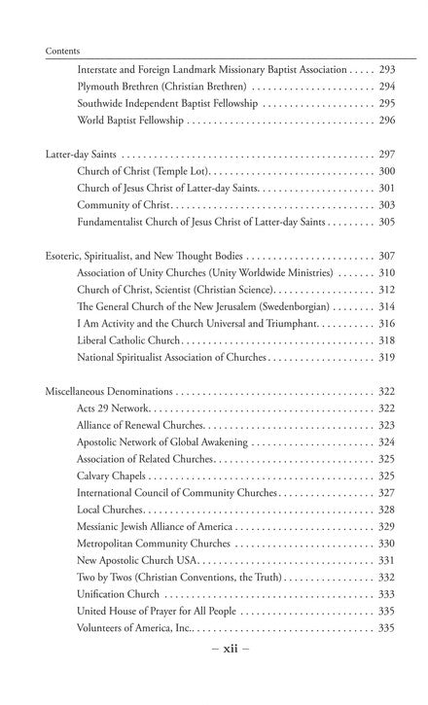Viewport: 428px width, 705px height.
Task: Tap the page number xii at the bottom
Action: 212,674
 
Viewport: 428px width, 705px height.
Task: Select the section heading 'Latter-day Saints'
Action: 82,155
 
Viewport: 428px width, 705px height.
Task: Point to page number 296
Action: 386,121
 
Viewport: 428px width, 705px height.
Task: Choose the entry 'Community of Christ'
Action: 124,205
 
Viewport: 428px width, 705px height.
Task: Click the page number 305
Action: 386,223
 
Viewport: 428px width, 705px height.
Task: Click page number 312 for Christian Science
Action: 386,290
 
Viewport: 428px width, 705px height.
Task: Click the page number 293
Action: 386,69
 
